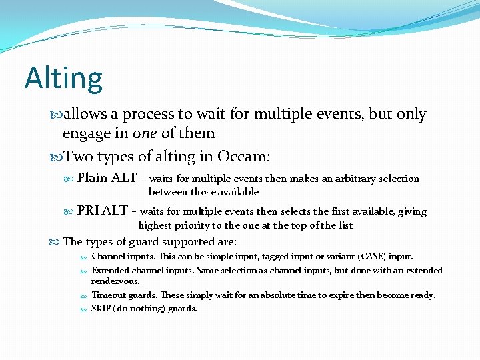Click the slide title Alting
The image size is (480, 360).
pyautogui.click(x=63, y=78)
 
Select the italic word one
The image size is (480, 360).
pyautogui.click(x=145, y=133)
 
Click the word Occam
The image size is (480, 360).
pyautogui.click(x=244, y=157)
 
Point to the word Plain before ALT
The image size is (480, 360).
pyautogui.click(x=92, y=178)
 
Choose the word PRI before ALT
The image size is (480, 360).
pyautogui.click(x=88, y=211)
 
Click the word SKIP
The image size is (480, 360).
pyautogui.click(x=102, y=309)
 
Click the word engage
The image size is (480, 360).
pyautogui.click(x=87, y=133)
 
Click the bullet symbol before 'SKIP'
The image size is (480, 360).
pyautogui.click(x=84, y=309)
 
